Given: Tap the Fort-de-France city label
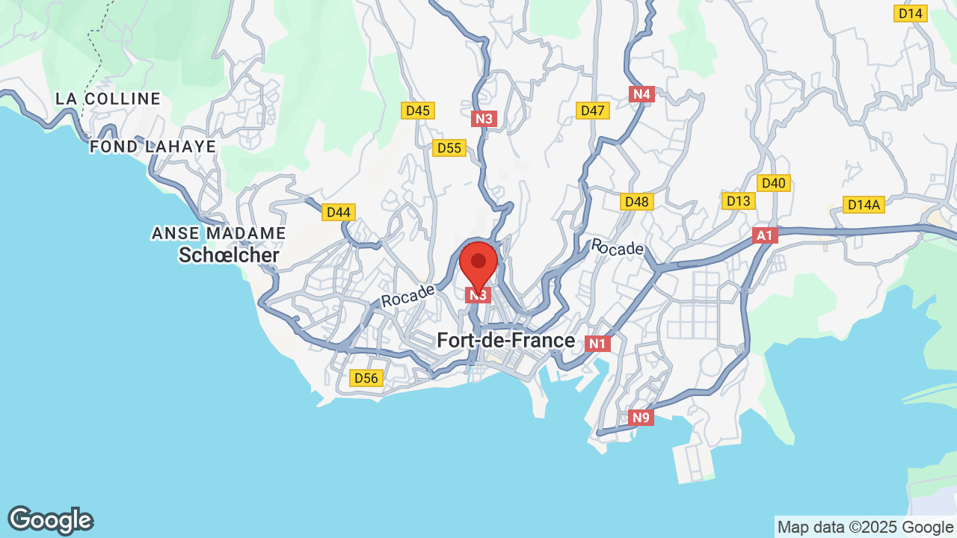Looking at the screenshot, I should (x=506, y=341).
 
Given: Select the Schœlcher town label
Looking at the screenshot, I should (x=229, y=256).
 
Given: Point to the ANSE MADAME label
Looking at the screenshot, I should (x=219, y=233).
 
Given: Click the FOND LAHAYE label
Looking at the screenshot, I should (x=153, y=146).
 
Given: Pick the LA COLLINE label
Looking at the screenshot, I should (x=108, y=99).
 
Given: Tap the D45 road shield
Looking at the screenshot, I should (x=418, y=111).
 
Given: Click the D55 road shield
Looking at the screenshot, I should (x=449, y=148).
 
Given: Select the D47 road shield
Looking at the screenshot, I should (x=593, y=111).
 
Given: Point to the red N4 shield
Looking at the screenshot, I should (x=641, y=94).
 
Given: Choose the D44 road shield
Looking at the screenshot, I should (x=339, y=212).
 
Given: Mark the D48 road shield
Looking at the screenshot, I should (x=637, y=202).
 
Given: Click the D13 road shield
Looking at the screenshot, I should (x=739, y=201).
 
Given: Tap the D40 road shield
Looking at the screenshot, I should (x=774, y=183).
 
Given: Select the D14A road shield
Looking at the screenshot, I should (x=864, y=205).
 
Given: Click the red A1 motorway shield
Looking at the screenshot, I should (x=765, y=236).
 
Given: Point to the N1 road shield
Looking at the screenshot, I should (x=597, y=344).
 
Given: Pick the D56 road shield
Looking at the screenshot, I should (x=366, y=378).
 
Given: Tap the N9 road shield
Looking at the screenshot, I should (x=641, y=418).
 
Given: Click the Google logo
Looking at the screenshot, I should (x=51, y=520).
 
